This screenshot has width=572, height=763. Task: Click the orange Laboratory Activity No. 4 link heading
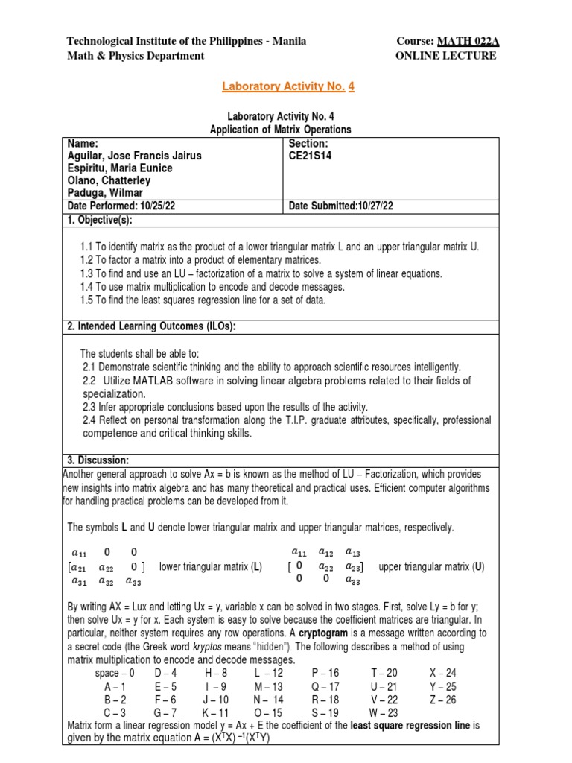287,87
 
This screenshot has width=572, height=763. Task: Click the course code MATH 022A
468,41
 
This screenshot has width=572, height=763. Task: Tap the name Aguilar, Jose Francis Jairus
135,156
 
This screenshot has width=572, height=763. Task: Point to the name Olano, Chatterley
109,180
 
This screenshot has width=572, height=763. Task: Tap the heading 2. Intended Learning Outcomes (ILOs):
152,326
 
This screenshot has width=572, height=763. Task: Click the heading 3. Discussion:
98,460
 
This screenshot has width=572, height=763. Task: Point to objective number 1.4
88,287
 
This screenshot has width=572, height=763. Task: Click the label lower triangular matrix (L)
211,566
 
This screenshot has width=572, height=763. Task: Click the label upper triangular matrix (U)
431,566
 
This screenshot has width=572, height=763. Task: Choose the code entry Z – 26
443,700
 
